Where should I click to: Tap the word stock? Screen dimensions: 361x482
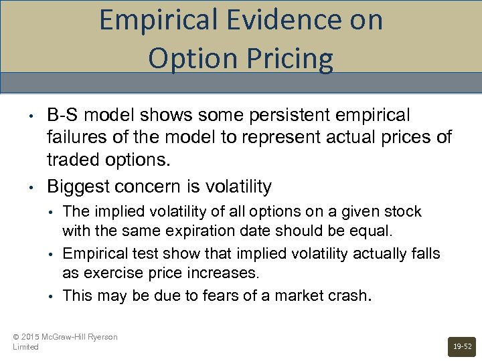tap(403, 213)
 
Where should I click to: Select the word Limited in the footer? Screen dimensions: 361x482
tap(25, 347)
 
